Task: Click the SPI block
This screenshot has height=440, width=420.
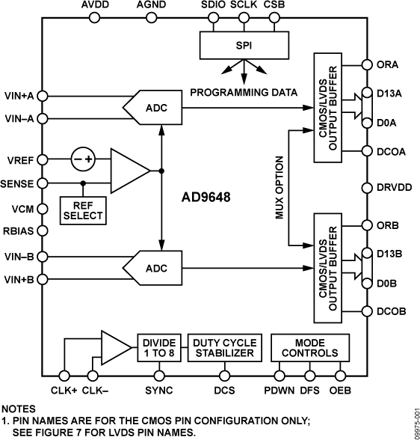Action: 244,45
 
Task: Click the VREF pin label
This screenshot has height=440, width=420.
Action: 21,159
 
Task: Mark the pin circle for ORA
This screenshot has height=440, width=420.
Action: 366,64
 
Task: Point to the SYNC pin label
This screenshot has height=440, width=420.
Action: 158,390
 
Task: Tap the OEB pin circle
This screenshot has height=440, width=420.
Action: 342,376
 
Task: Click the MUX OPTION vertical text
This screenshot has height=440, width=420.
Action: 278,188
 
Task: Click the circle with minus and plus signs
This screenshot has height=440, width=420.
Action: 83,159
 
